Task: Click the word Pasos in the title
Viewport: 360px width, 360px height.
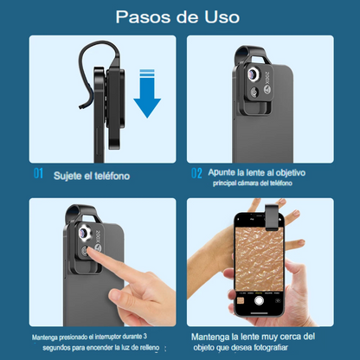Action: point(143,17)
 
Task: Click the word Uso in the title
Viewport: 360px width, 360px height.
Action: point(222,17)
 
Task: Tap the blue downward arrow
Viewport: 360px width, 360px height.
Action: point(147,93)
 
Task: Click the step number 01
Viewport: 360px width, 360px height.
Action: point(38,173)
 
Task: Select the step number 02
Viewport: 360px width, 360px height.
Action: point(196,173)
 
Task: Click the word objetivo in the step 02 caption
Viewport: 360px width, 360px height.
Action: point(290,173)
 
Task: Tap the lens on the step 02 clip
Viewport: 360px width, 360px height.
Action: point(254,74)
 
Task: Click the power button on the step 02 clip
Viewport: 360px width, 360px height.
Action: point(254,92)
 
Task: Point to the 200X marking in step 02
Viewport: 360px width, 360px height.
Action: point(267,79)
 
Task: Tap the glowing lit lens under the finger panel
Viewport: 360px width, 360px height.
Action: point(85,233)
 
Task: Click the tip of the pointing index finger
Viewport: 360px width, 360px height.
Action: point(89,250)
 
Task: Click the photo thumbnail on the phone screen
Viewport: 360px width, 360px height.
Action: point(241,301)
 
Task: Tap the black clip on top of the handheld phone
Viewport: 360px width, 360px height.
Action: point(272,217)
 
